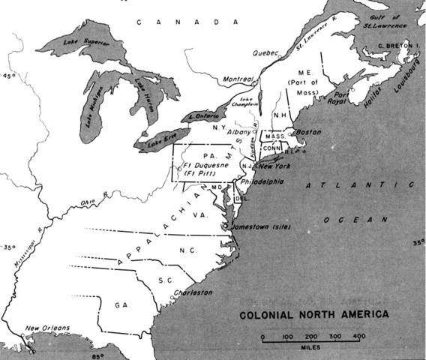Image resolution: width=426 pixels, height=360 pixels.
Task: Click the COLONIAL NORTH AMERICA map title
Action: coord(314,313)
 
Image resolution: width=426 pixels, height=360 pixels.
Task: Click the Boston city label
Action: coord(309,132)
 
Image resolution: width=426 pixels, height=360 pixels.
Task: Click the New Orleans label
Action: coord(46,328)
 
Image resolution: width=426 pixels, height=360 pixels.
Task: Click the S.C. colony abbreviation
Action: coord(166,279)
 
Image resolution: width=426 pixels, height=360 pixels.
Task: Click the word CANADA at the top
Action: coord(177,22)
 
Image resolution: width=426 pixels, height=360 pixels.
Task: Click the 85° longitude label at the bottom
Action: coord(97,355)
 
